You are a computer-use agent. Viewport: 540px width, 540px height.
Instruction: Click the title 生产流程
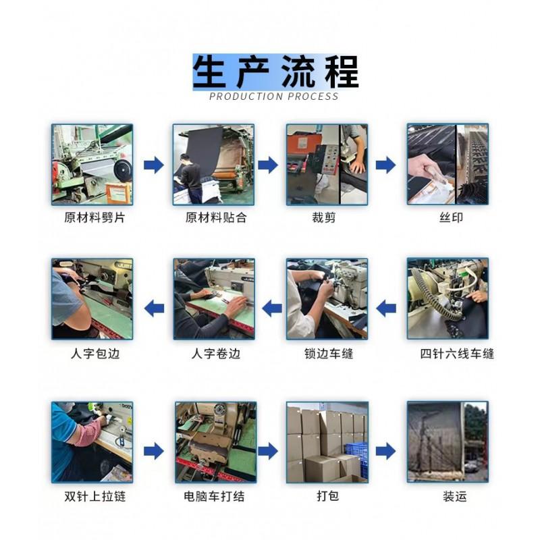(x=275, y=72)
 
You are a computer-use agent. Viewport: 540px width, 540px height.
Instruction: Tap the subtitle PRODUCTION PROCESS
(x=274, y=97)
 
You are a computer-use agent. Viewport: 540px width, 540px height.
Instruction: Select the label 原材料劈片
(x=94, y=217)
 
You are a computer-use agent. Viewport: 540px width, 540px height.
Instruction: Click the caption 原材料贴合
(x=216, y=217)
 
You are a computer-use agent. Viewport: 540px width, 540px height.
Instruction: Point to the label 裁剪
(x=324, y=217)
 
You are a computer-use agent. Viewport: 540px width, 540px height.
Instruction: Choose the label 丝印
(x=451, y=217)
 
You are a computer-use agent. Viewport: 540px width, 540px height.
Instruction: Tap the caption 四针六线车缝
(x=457, y=354)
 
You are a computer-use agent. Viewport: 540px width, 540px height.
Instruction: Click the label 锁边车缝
(x=329, y=354)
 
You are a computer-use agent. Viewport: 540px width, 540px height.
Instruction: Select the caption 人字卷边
(x=215, y=354)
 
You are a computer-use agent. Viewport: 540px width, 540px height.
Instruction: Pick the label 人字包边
(x=95, y=354)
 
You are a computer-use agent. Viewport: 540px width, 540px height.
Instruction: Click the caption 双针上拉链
(x=95, y=496)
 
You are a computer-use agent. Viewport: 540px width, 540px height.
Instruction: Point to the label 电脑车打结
(x=214, y=496)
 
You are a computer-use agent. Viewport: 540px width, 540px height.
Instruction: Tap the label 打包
(x=327, y=496)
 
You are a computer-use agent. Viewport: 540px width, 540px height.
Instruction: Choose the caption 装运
(x=454, y=496)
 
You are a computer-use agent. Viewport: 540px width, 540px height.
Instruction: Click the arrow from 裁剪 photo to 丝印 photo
(x=385, y=165)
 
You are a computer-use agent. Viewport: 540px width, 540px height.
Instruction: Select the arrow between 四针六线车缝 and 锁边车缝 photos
(x=385, y=308)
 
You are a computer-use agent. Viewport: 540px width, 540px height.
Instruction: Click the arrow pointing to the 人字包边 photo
(x=154, y=308)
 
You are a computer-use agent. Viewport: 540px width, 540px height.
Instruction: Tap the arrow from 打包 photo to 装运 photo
(x=385, y=451)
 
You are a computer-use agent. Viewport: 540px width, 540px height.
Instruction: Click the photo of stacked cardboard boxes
(x=327, y=442)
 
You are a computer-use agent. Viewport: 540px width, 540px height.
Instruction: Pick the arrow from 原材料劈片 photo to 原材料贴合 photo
(x=154, y=165)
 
